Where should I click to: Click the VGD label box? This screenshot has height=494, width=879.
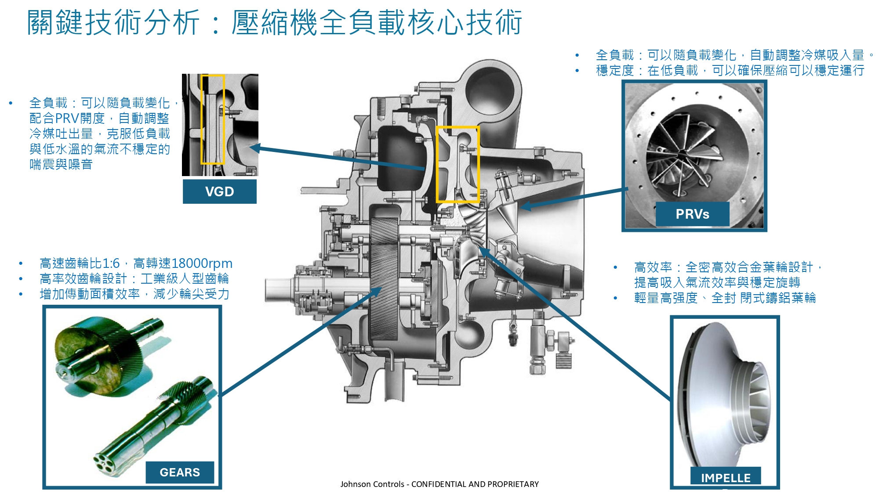(x=219, y=191)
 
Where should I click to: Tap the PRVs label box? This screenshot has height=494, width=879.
(x=692, y=214)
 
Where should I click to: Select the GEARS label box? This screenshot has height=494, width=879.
(x=180, y=472)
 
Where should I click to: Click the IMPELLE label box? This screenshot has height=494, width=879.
(x=726, y=477)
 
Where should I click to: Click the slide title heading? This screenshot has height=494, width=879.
(x=275, y=23)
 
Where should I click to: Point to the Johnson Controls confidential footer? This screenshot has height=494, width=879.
(x=439, y=484)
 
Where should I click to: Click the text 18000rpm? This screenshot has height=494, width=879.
(x=202, y=263)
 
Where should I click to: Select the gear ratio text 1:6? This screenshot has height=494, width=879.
(x=111, y=263)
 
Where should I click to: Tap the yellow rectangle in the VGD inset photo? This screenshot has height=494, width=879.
(x=213, y=119)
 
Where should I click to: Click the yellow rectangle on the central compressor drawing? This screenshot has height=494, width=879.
(x=457, y=164)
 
